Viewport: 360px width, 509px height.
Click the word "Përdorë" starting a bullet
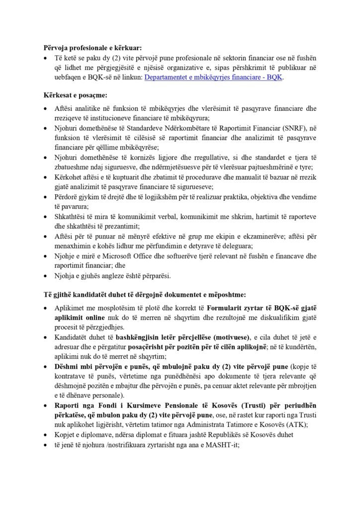(67, 197)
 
